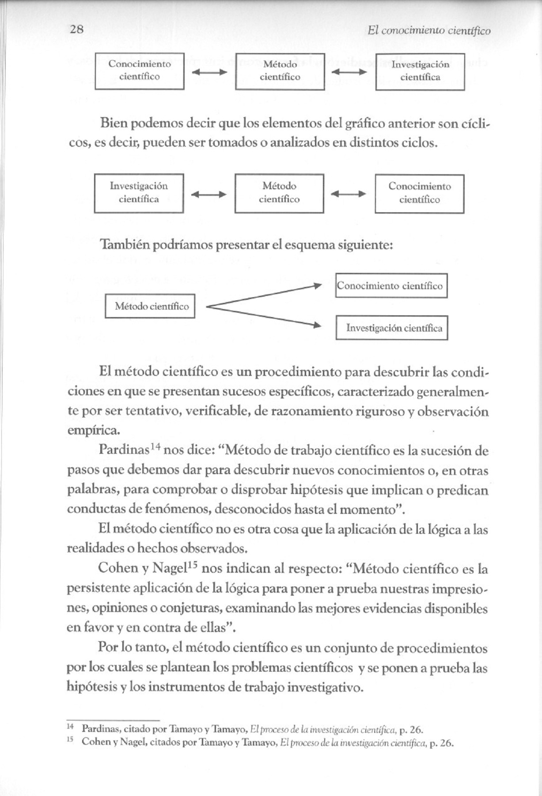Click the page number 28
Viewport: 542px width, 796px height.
point(76,30)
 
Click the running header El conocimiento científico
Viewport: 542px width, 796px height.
point(428,31)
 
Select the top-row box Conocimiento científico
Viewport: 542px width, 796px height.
point(140,71)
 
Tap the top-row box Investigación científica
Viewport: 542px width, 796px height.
point(420,71)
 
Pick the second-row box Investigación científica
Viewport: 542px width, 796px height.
point(139,193)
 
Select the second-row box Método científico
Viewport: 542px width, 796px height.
point(279,193)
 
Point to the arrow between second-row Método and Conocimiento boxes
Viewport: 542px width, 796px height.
point(349,194)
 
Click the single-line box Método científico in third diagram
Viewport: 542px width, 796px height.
point(150,306)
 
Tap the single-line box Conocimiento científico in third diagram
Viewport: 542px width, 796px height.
point(391,286)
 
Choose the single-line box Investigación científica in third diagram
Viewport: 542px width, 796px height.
point(392,328)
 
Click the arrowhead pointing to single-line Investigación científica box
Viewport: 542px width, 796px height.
point(317,326)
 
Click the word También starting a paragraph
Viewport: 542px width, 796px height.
point(125,245)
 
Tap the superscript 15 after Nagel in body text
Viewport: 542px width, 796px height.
point(193,564)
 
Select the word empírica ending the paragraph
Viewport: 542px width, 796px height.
point(93,430)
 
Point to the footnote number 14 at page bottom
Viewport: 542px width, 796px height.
point(70,727)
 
